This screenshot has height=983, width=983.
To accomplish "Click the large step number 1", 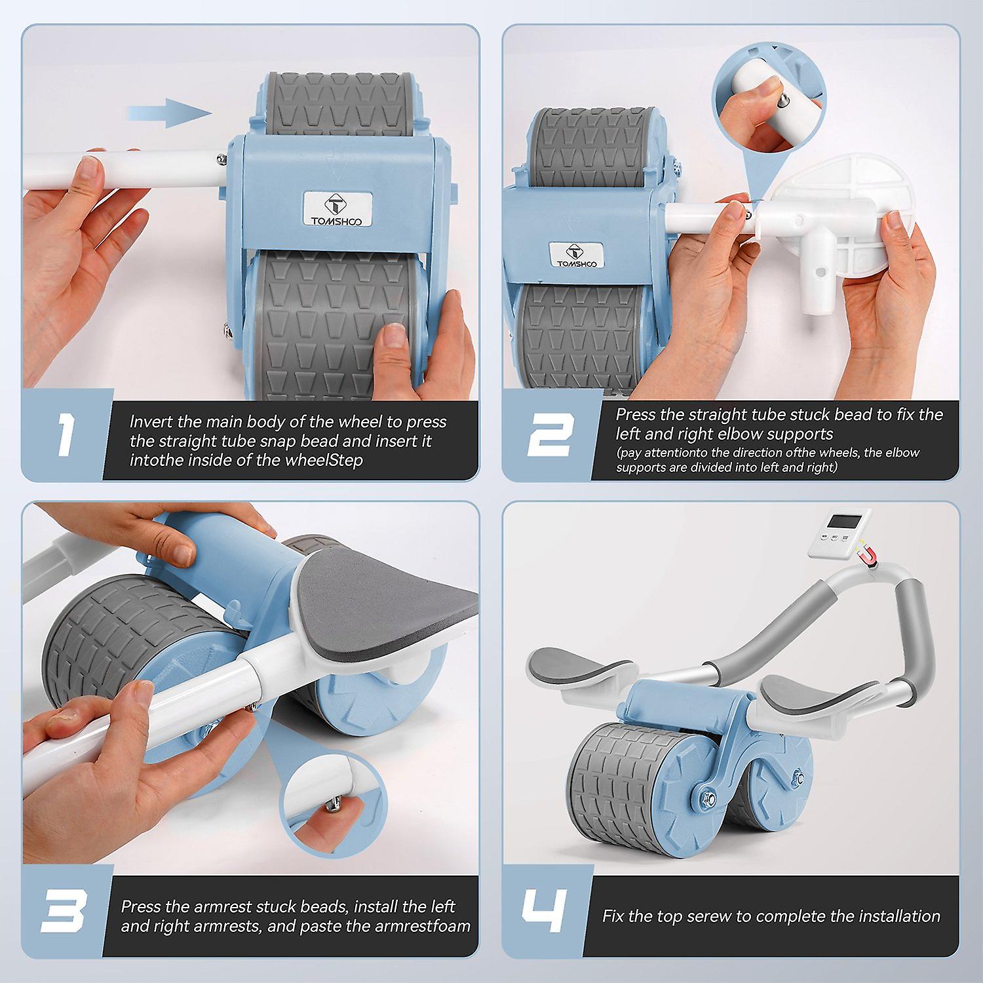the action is (65, 433).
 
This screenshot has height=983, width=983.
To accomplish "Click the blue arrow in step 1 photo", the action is (170, 112).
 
